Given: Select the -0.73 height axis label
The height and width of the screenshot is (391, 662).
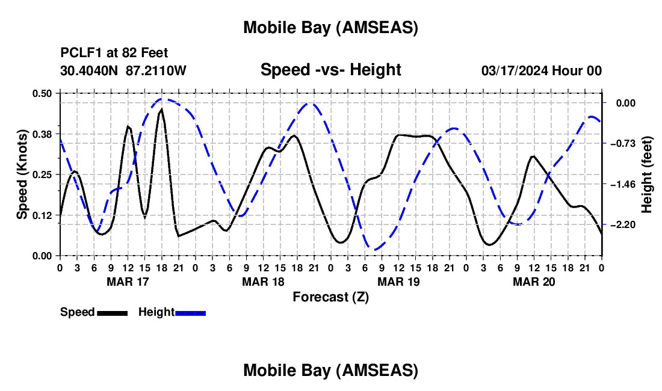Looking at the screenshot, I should (x=623, y=143).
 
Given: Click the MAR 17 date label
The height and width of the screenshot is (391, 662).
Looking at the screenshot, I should (x=128, y=281).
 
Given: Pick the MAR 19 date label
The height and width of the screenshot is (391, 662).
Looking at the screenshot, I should (x=398, y=281).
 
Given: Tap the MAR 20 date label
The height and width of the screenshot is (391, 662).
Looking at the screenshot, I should (x=534, y=281).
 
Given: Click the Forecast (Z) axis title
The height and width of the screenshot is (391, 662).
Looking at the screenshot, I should (x=330, y=296).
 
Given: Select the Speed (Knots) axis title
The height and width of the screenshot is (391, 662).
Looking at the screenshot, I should (x=22, y=174).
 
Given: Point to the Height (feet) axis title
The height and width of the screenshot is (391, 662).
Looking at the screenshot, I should (x=647, y=174).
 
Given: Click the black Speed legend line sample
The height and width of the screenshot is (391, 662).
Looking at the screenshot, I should (x=112, y=312).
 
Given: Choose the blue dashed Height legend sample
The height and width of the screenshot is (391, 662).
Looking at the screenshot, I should (x=191, y=312).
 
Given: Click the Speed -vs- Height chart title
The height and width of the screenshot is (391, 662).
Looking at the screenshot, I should (x=330, y=70).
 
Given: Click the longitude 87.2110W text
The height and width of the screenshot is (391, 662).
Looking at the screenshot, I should (x=156, y=70).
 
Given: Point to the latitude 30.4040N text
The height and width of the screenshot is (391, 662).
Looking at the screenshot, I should (x=90, y=70).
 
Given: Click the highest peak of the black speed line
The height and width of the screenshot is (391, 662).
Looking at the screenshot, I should (x=162, y=109).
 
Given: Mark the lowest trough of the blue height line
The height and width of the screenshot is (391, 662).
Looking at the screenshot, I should (x=374, y=250).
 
